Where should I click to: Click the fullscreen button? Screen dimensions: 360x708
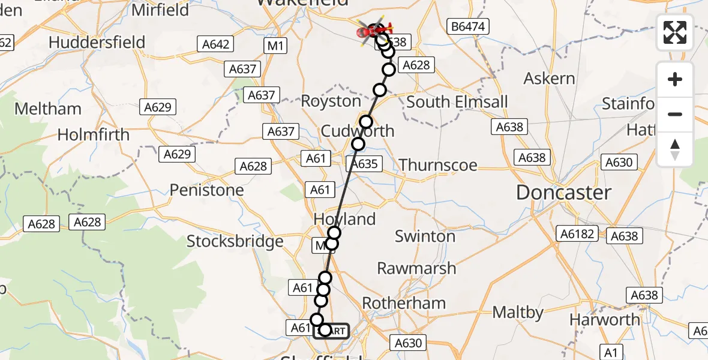pyautogui.click(x=675, y=32)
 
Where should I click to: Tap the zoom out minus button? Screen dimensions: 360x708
pyautogui.click(x=675, y=114)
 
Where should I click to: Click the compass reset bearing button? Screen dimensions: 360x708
pyautogui.click(x=675, y=149)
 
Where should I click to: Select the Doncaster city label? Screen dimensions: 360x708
pyautogui.click(x=563, y=193)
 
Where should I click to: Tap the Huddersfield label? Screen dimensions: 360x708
pyautogui.click(x=97, y=43)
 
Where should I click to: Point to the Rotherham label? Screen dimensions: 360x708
pyautogui.click(x=411, y=303)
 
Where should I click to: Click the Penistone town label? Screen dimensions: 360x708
pyautogui.click(x=206, y=190)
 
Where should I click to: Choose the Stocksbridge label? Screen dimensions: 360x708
pyautogui.click(x=235, y=241)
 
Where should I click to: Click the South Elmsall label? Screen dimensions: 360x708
pyautogui.click(x=457, y=102)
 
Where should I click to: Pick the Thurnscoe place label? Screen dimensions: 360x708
pyautogui.click(x=438, y=165)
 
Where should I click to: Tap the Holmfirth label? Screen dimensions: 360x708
pyautogui.click(x=93, y=134)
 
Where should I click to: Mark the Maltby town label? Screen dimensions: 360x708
pyautogui.click(x=518, y=313)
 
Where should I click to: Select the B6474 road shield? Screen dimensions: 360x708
pyautogui.click(x=469, y=26)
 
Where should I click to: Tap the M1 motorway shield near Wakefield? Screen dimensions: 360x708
pyautogui.click(x=276, y=45)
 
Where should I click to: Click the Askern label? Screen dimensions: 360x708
pyautogui.click(x=549, y=79)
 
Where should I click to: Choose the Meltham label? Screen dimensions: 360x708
pyautogui.click(x=47, y=109)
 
